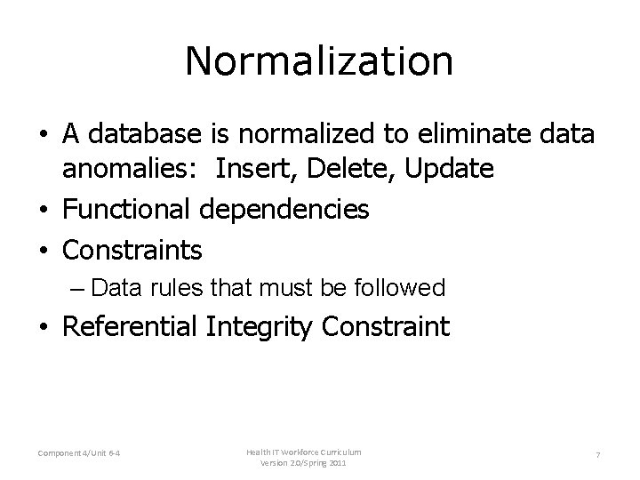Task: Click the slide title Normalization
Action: [x=319, y=61]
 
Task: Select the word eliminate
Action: [x=460, y=134]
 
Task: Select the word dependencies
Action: [x=284, y=210]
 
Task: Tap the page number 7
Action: [x=598, y=456]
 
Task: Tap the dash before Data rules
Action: [x=77, y=288]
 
